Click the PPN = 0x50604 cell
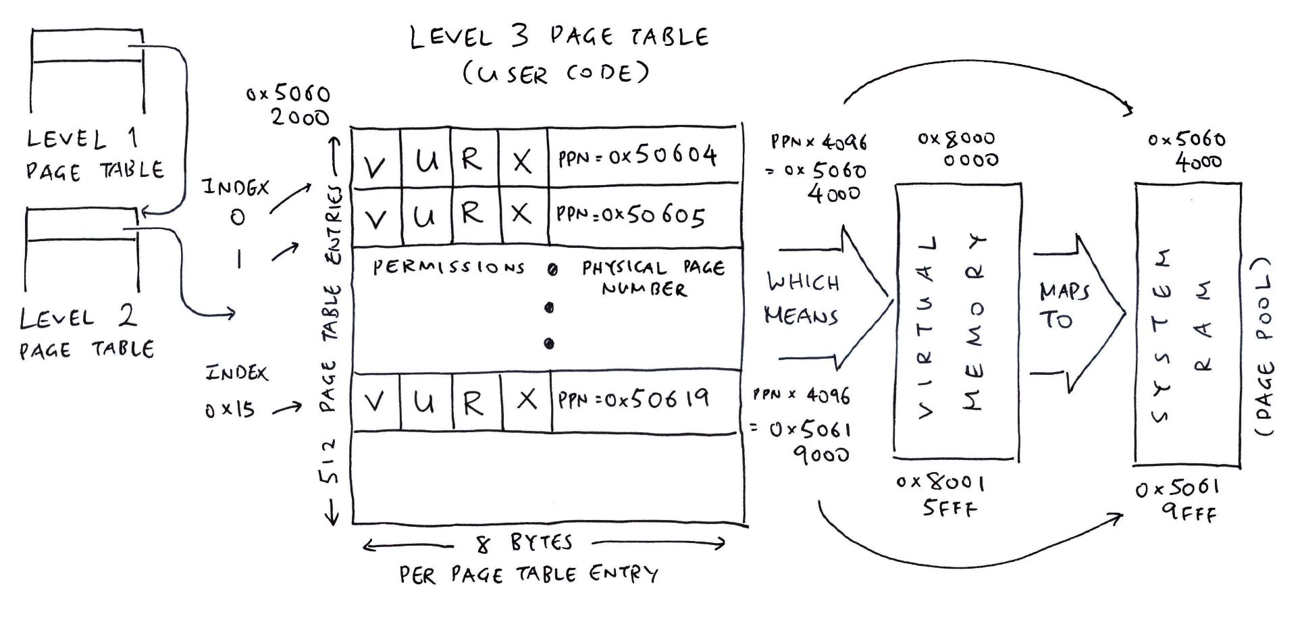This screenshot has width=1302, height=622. point(645,156)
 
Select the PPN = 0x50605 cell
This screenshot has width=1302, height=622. point(645,215)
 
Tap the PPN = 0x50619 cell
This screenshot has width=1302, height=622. point(646,401)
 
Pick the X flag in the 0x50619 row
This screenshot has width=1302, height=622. point(526,401)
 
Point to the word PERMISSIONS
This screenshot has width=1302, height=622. point(448,267)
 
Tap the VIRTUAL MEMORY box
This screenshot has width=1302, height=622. point(957,321)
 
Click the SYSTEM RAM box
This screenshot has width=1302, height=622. point(1188,323)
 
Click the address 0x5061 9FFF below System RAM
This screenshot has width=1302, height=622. point(1176,500)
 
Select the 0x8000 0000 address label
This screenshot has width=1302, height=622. point(958,149)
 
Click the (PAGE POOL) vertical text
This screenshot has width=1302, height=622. point(1264,346)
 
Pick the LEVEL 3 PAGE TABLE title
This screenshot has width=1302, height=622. point(559,37)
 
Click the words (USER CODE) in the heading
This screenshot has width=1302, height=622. point(556,73)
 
